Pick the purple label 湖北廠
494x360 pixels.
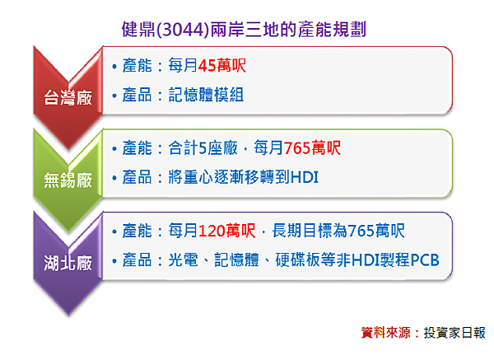click(68, 264)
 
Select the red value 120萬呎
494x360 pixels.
click(227, 231)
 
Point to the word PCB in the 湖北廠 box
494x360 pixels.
click(423, 260)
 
